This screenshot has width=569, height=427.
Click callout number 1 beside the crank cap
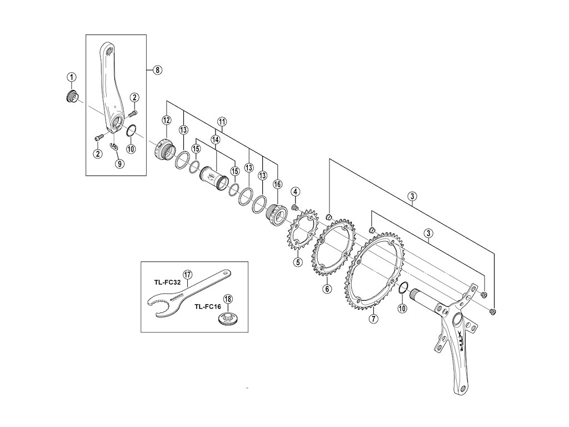click(72, 76)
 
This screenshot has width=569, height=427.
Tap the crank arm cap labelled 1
click(70, 97)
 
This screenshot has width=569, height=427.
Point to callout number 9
click(118, 163)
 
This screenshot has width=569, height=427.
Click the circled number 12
click(167, 120)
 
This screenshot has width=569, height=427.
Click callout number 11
click(222, 121)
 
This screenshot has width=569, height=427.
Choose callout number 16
click(277, 184)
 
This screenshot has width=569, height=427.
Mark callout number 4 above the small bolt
click(296, 192)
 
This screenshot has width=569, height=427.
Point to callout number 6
click(327, 289)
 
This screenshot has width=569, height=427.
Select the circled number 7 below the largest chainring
click(373, 319)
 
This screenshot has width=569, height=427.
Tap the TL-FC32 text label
click(166, 282)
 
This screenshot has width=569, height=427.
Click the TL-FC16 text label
click(207, 306)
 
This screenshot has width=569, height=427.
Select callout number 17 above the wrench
click(187, 275)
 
